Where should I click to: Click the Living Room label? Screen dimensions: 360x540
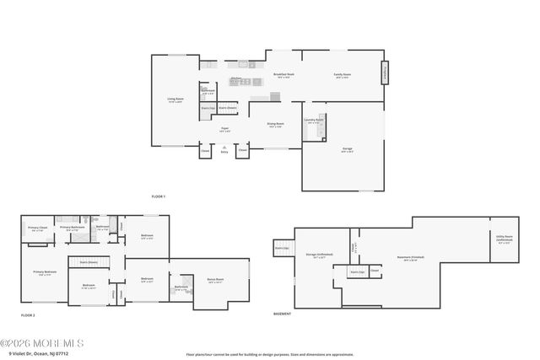175,100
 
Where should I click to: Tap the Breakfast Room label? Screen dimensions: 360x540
283,75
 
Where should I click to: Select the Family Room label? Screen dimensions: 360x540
342,75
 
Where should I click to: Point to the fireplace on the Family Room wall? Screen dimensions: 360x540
386,73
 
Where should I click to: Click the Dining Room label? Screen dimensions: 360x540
276,125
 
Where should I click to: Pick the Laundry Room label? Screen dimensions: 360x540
313,121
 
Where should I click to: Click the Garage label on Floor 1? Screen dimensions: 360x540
348,150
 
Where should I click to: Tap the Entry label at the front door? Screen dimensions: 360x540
224,152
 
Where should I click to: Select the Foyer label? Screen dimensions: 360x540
224,130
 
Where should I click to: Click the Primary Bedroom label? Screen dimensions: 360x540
45,272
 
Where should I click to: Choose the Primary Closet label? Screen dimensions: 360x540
38,228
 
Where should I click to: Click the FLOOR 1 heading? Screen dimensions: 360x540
159,196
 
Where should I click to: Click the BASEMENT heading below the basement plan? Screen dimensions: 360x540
282,314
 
